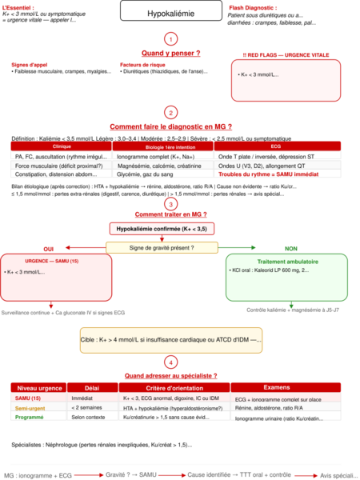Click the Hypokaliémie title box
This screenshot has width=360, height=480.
pos(169,14)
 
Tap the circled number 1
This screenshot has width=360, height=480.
pos(170,38)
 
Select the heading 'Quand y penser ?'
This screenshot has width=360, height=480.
pos(170,53)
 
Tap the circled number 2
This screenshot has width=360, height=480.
pos(170,113)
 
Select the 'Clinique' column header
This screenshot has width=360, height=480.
pos(61,147)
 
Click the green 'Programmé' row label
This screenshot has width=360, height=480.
pos(29,418)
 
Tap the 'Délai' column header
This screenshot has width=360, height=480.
pos(90,387)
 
